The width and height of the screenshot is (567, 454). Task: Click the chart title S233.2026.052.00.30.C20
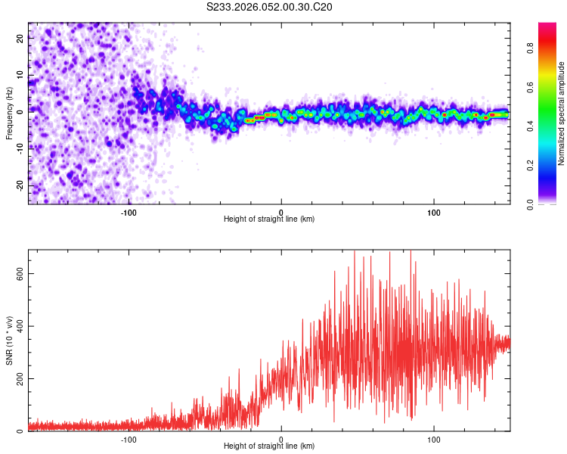click(270, 8)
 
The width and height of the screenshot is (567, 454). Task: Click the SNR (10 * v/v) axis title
click(9, 340)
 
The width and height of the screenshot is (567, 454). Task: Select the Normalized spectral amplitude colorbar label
click(562, 113)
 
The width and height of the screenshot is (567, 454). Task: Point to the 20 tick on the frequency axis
click(20, 39)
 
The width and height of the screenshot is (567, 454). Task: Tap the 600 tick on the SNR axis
click(20, 274)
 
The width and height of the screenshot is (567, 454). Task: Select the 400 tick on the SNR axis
click(20, 326)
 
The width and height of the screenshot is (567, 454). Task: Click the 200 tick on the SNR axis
click(20, 378)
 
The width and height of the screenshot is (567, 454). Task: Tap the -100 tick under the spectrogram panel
click(129, 211)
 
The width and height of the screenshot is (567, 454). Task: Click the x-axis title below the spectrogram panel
click(269, 219)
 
